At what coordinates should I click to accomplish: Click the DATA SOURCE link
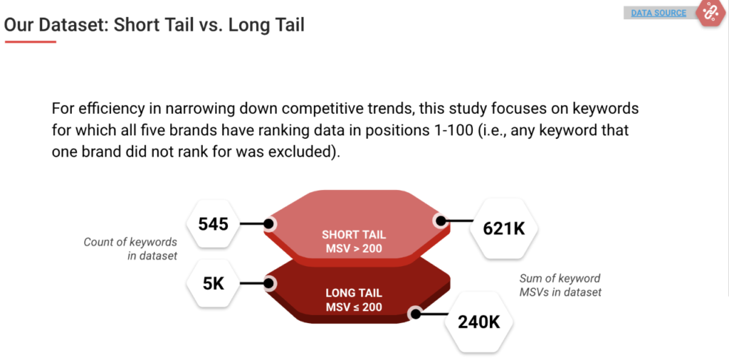tap(659, 13)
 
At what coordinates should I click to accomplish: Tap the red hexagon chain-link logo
tap(709, 12)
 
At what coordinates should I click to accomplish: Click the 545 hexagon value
tap(214, 224)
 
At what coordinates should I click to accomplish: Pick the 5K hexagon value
tap(214, 283)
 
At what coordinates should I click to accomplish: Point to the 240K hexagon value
tap(478, 321)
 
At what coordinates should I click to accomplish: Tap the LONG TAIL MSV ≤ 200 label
tap(354, 300)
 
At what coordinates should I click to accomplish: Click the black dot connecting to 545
tap(269, 224)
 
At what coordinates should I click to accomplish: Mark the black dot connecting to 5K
tap(269, 283)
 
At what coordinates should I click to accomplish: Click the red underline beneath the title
tap(30, 42)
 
